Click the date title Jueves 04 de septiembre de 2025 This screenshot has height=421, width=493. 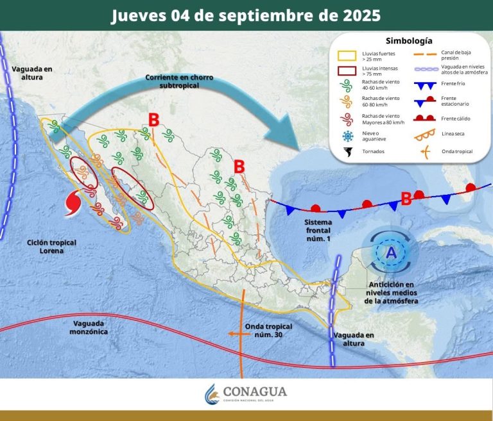pos(246,15)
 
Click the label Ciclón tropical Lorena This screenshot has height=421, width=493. pos(51,247)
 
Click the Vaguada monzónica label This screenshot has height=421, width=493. pos(91,327)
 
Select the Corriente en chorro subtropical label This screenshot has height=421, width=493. pos(179,81)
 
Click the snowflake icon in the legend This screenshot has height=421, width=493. pos(347,135)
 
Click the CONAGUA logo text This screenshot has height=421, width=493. pos(255,392)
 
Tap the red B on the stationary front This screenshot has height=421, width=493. pos(406,199)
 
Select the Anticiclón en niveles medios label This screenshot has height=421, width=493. pos(392,292)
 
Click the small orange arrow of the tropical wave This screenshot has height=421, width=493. pos(235,333)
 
